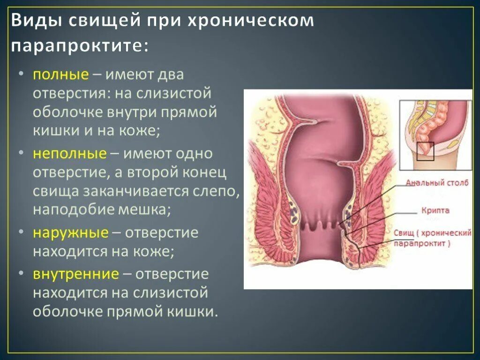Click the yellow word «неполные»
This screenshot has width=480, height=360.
coord(69,154)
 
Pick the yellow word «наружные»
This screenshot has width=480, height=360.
coord(70,233)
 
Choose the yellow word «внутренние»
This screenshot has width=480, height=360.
coord(75,274)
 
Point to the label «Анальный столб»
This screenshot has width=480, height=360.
coord(437,183)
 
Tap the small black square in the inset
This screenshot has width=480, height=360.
coord(425,152)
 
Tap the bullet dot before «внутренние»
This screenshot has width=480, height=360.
coord(22,274)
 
